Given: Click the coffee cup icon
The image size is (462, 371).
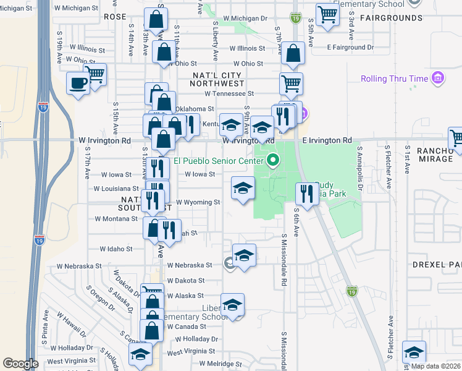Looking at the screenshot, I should pyautogui.click(x=78, y=83).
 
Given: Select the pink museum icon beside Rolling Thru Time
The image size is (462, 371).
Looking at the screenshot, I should pyautogui.click(x=438, y=78).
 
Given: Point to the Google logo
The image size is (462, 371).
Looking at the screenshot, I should pyautogui.click(x=20, y=364).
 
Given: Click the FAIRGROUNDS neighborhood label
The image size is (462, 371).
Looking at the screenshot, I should pyautogui.click(x=392, y=18).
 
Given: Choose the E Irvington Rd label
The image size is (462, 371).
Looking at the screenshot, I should pyautogui.click(x=327, y=140).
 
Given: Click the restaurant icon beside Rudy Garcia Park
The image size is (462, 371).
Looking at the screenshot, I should pyautogui.click(x=304, y=194).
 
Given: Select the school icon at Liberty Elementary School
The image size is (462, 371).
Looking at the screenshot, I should pyautogui.click(x=233, y=305).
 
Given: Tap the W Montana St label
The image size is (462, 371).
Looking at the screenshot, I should pyautogui.click(x=115, y=219).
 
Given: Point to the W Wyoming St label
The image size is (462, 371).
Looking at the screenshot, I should pyautogui.click(x=198, y=202).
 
